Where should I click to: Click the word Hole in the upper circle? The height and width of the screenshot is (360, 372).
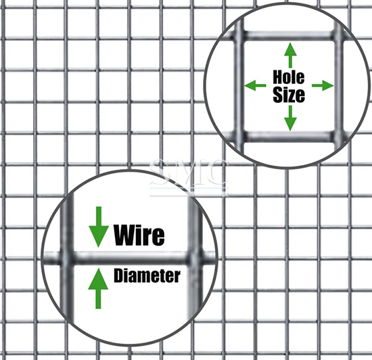289,77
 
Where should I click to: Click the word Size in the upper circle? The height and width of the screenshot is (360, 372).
289,95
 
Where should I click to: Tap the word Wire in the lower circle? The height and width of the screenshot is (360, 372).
139,235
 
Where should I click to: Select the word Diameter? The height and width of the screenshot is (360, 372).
147,276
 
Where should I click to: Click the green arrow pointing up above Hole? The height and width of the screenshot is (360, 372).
290,55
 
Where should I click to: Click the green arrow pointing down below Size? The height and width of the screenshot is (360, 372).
290,118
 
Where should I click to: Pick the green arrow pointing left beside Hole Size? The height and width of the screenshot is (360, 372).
255,85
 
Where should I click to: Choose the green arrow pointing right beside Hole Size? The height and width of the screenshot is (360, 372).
323,85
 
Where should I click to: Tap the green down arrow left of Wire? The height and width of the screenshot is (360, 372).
99,227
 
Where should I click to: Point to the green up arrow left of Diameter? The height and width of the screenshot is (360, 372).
98,288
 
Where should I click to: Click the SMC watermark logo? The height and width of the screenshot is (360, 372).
189,176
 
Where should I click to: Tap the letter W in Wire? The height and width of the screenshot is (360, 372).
126,235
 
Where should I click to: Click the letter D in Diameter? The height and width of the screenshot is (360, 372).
118,276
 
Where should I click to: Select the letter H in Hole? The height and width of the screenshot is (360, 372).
277,77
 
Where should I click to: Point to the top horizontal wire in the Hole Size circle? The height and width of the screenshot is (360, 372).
289,36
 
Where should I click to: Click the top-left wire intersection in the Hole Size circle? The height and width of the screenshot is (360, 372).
239,36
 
